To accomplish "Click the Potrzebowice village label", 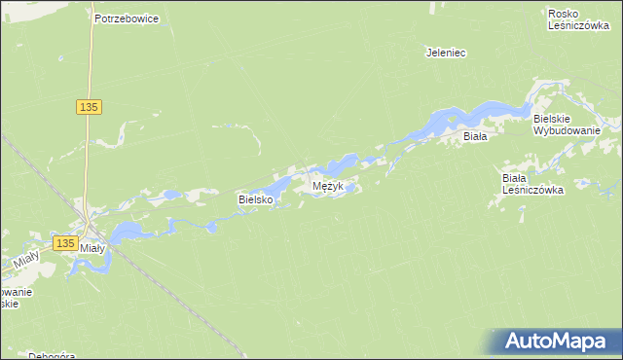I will [127, 18].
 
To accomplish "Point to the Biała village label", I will [474, 137].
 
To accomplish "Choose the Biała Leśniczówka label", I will [531, 184].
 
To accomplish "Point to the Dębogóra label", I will [52, 355].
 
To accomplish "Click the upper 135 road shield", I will [89, 107].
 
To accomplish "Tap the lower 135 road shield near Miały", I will [65, 242].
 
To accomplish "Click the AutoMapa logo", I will [555, 342].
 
